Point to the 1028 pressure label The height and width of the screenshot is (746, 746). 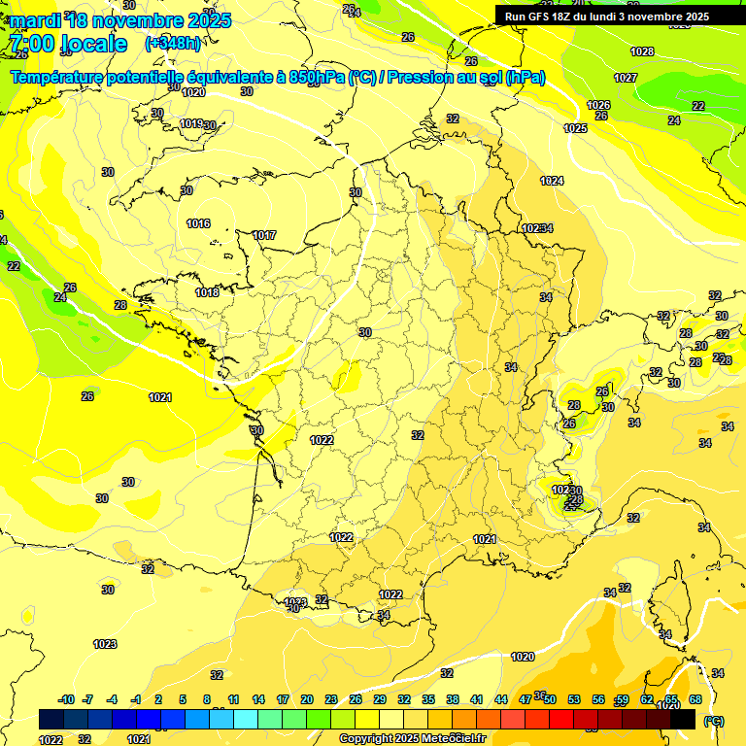point(642,51)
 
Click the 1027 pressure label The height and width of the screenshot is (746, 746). point(626,78)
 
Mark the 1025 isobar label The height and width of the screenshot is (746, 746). point(576,128)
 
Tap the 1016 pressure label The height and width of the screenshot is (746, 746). point(198,223)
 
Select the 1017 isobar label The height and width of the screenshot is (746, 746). point(264,235)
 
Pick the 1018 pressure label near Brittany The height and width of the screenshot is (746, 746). point(207,292)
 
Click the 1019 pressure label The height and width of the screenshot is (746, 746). point(191,123)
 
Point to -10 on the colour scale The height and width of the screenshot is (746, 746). point(66,699)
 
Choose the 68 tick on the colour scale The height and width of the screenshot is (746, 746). point(695,699)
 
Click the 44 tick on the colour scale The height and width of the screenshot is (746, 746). point(501,699)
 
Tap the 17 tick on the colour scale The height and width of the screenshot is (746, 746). point(283,699)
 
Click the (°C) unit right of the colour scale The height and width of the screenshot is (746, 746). point(714,721)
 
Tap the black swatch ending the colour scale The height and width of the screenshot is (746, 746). point(683,720)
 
